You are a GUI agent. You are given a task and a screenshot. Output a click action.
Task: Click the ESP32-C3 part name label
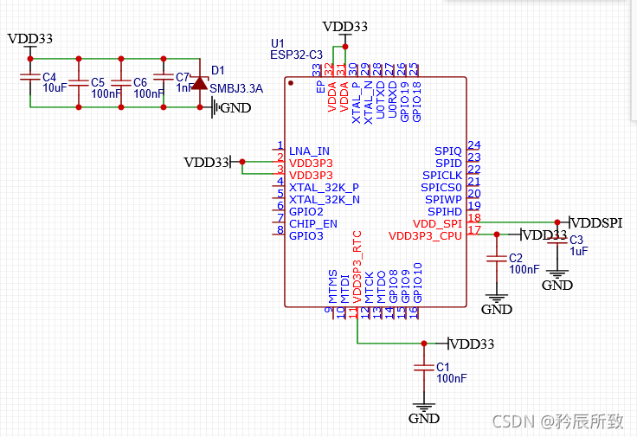coord(296,55)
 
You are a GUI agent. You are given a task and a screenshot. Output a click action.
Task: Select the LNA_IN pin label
coord(309,151)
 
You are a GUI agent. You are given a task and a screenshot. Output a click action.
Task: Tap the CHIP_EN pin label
coord(313,223)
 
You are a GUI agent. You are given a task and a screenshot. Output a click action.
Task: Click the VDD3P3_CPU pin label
coord(425,235)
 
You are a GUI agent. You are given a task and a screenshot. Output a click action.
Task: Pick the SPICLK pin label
coord(442,175)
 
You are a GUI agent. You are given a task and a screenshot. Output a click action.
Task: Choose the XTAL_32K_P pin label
coord(324,187)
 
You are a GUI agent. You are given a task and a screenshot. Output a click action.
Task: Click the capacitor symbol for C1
coord(423,368)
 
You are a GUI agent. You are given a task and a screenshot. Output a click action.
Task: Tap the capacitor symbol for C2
coord(496,258)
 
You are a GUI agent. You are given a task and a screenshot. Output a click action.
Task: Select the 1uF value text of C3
coord(579,251)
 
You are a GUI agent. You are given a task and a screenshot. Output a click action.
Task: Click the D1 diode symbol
coord(200,83)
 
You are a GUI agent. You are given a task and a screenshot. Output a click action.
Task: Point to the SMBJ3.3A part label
coord(236,88)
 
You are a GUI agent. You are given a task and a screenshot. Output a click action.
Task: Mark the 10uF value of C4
coord(55,88)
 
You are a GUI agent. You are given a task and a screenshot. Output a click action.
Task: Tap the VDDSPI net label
coord(598,222)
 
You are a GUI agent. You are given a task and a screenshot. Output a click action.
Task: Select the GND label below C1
coord(423,418)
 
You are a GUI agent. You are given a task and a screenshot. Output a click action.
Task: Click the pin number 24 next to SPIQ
coord(473,145)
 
